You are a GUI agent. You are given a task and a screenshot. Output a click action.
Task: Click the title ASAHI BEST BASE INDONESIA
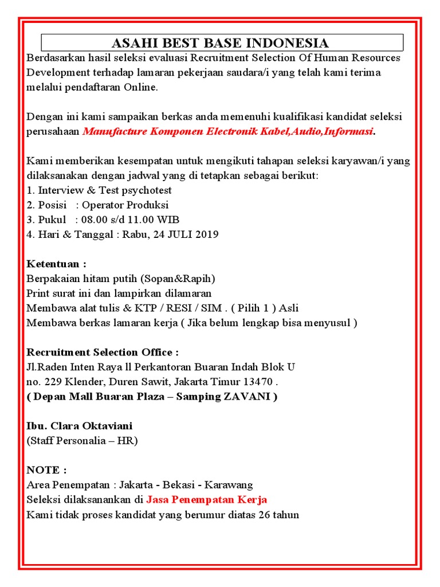[x=221, y=43]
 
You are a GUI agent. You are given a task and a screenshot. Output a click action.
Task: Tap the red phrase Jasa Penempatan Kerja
[x=206, y=499]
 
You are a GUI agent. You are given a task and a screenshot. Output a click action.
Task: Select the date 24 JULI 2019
[x=186, y=234]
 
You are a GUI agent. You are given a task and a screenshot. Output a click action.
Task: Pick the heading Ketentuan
[x=56, y=264]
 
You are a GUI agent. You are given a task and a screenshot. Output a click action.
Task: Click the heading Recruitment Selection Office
[x=103, y=352]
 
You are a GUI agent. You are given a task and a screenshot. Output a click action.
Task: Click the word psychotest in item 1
[x=147, y=190]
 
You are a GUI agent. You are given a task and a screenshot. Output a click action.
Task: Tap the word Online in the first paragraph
[x=139, y=88]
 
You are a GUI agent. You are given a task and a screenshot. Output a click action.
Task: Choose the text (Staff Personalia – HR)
[x=82, y=441]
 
